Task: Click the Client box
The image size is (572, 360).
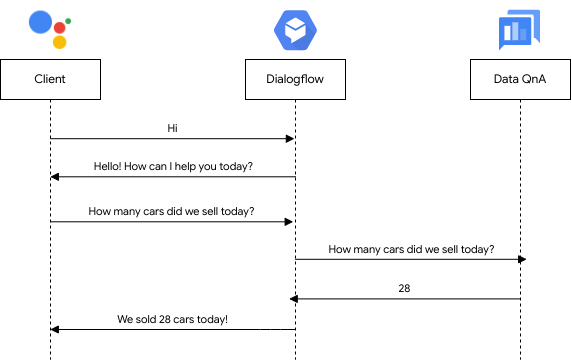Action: tap(50, 80)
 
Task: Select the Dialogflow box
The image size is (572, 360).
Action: tap(295, 80)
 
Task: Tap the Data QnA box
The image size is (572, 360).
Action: tap(520, 80)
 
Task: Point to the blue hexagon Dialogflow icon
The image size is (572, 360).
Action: tap(295, 29)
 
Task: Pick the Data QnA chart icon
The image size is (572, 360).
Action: tap(520, 30)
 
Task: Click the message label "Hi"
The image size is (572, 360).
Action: tap(173, 128)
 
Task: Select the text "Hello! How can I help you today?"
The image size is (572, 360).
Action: tap(173, 166)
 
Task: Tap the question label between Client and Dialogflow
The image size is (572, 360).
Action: tap(171, 212)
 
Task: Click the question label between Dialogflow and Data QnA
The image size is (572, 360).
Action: tap(411, 249)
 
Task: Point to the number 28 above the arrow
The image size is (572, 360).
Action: tap(404, 288)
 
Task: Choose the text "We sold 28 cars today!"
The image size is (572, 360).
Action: tap(172, 319)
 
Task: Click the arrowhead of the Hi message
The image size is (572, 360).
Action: tap(290, 139)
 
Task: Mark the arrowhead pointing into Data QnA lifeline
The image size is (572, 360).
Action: tap(521, 260)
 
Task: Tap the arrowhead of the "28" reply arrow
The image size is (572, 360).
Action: tap(295, 299)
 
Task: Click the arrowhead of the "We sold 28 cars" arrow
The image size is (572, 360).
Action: tap(55, 329)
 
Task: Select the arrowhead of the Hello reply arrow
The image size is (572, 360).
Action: tap(55, 177)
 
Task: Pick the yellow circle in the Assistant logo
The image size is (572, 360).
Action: tap(60, 43)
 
